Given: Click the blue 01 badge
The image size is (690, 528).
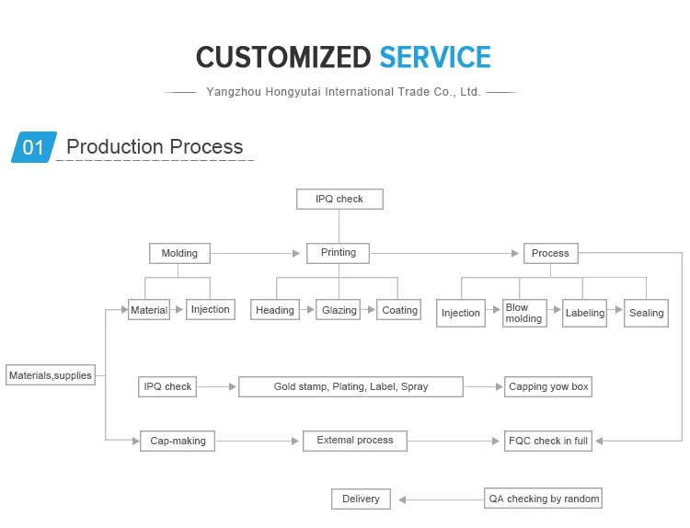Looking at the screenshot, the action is (34, 147).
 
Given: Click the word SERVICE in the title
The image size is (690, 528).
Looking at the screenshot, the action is (435, 57).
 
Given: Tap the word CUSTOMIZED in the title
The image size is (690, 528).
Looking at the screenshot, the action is (283, 57).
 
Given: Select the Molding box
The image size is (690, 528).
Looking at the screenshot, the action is (179, 254).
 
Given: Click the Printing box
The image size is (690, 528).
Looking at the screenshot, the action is (338, 253).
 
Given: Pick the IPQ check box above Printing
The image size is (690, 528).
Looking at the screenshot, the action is (339, 199).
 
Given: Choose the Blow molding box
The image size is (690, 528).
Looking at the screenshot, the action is (524, 313).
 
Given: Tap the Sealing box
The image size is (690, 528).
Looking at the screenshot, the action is (646, 313).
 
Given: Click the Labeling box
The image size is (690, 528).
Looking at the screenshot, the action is (584, 313).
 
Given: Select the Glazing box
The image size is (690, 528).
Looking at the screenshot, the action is (338, 309).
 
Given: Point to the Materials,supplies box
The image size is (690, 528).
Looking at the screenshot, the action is (51, 375).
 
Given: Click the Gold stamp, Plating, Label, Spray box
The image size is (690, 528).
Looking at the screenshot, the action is (351, 386).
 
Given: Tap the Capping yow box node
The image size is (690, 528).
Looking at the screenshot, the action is (548, 386).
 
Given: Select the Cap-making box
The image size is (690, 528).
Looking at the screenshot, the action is (178, 441).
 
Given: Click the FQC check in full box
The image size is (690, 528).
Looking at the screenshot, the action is (548, 441).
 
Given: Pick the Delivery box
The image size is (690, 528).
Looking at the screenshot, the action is (361, 499).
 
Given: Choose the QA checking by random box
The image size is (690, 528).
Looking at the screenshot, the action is (543, 499).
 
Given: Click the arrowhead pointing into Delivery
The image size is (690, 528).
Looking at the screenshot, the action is (402, 499).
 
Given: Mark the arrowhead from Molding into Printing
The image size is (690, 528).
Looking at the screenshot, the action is (296, 254).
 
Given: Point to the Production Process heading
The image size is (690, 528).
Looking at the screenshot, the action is (155, 146).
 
